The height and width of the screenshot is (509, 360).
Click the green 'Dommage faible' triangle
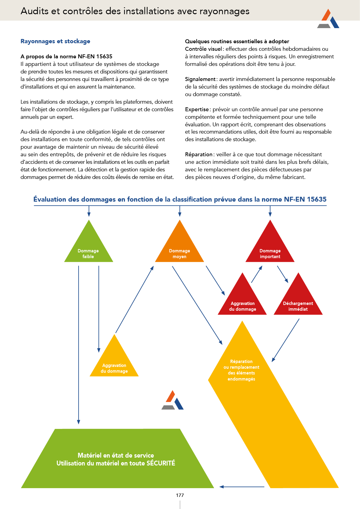[x=89, y=248]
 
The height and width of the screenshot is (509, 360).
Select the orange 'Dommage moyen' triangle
[x=180, y=248]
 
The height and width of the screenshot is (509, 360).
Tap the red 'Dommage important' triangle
[x=270, y=248]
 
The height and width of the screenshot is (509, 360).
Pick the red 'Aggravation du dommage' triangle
[x=242, y=301]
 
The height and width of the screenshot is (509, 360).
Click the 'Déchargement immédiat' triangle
[x=298, y=301]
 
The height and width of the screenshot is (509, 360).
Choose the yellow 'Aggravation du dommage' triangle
[x=114, y=363]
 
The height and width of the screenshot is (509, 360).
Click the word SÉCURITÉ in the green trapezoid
[x=161, y=463]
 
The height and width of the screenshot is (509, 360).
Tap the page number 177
[x=180, y=495]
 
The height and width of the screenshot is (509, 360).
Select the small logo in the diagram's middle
[x=173, y=400]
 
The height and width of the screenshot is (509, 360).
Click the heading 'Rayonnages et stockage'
[x=55, y=41]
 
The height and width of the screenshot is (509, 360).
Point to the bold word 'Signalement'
[x=200, y=79]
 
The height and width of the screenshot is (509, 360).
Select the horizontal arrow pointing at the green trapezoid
[x=242, y=487]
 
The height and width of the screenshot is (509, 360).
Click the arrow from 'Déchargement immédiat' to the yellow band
[x=285, y=340]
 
